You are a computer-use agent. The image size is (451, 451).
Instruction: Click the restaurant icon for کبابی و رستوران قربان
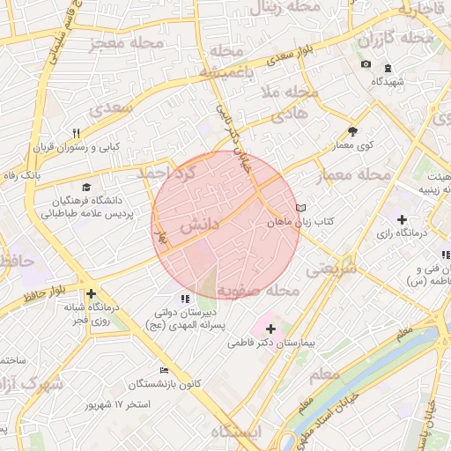tap(77, 133)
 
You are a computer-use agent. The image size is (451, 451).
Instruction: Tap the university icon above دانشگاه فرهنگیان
tap(86, 187)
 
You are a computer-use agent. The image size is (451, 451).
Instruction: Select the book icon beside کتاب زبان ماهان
tap(301, 208)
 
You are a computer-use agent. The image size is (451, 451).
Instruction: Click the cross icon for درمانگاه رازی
tap(402, 218)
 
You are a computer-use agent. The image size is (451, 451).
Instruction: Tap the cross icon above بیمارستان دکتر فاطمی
tap(270, 329)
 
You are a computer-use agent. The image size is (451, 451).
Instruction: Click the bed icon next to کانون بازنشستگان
tap(163, 370)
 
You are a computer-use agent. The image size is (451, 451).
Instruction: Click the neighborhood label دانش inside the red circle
tap(198, 226)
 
